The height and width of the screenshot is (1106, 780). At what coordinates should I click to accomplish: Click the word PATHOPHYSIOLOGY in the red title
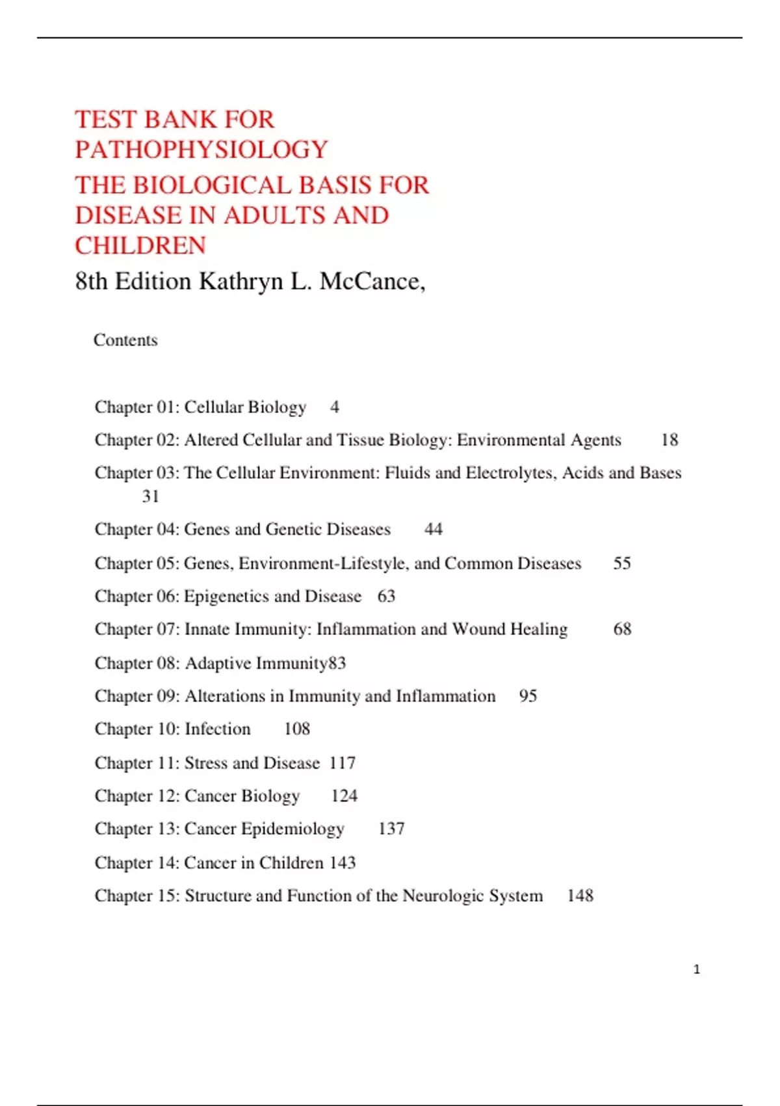[x=201, y=150]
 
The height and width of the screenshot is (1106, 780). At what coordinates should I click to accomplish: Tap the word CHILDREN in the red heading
[x=140, y=246]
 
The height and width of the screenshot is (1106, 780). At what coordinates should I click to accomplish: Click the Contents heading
[x=125, y=340]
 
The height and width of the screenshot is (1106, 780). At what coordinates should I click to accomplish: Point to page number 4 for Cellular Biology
[x=335, y=407]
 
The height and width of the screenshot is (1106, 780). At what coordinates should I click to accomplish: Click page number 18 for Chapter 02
[x=669, y=440]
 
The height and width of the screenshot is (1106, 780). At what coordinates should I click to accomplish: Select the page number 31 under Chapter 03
[x=151, y=496]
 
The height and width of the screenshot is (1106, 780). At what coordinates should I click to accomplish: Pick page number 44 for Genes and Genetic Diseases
[x=434, y=530]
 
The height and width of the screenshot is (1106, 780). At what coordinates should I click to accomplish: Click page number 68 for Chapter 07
[x=622, y=629]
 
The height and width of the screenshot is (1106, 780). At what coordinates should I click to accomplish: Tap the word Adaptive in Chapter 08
[x=218, y=664]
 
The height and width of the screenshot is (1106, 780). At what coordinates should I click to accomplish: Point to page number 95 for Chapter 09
[x=528, y=696]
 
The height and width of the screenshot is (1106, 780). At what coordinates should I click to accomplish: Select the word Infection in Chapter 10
[x=218, y=729]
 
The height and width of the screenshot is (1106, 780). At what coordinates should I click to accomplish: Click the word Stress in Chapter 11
[x=206, y=763]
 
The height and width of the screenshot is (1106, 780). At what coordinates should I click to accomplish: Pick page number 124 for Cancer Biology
[x=344, y=796]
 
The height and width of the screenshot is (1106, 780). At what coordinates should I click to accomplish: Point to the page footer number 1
[x=697, y=969]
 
